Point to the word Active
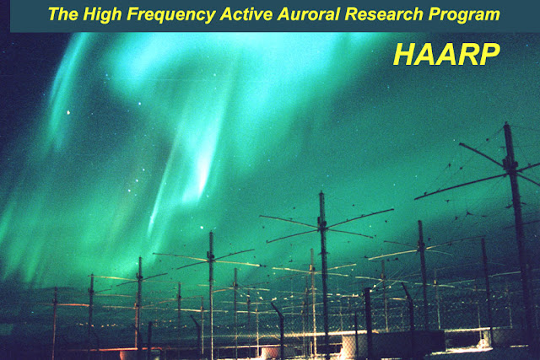(246, 14)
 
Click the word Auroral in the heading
(308, 14)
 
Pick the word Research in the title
(384, 14)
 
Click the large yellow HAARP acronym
(446, 54)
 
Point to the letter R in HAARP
(467, 54)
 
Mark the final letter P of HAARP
(489, 54)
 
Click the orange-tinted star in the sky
(68, 112)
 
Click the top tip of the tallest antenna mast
(506, 123)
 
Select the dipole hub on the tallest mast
(510, 164)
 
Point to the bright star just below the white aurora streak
(202, 228)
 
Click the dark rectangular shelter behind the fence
(407, 341)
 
